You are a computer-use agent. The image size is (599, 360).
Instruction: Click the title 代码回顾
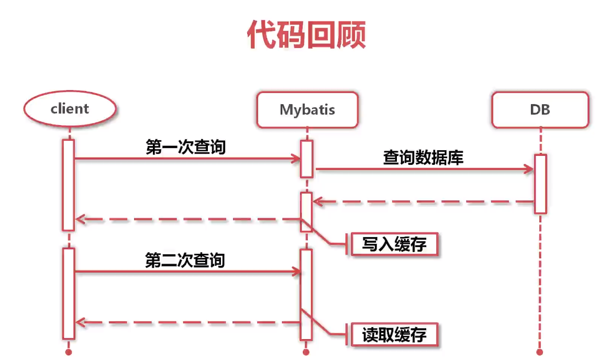(x=306, y=36)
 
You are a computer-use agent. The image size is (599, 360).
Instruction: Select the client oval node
(x=70, y=109)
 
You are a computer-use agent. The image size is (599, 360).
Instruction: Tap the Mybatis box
(x=307, y=110)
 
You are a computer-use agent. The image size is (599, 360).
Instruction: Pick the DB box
(x=540, y=110)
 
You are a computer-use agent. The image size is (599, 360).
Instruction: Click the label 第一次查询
(x=186, y=147)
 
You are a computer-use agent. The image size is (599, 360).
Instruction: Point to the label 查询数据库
(x=423, y=157)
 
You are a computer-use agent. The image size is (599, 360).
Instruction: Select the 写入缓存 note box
(x=394, y=244)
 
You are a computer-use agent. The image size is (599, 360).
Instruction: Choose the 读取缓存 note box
(x=394, y=334)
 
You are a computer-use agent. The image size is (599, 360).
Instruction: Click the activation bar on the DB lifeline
(x=540, y=183)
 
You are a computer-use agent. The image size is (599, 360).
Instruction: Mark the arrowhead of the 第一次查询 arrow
(x=296, y=159)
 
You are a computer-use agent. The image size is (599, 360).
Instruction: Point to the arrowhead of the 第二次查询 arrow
(x=297, y=272)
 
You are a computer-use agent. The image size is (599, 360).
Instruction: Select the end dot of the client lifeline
(x=68, y=352)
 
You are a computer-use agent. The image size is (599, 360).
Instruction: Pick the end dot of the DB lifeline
(x=540, y=352)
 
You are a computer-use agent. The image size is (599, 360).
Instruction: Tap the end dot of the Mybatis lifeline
(x=307, y=352)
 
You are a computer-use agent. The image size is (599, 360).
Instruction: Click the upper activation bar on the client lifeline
(x=68, y=184)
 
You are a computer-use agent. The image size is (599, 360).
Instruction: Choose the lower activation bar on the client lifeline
(x=68, y=293)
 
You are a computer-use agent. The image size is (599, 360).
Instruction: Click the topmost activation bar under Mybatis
(x=307, y=159)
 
